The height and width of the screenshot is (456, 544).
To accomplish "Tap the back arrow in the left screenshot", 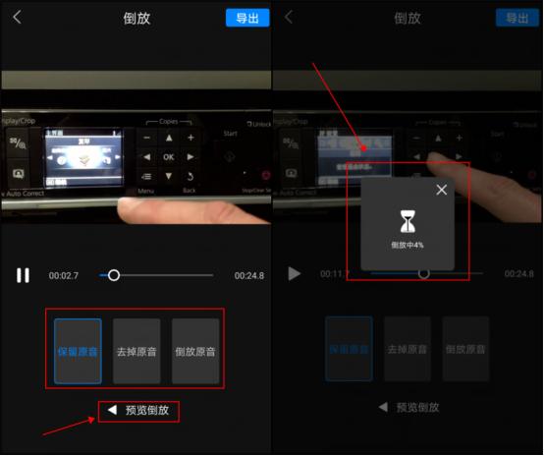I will pyautogui.click(x=17, y=18).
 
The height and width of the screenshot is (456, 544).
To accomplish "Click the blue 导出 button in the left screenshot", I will pyautogui.click(x=246, y=18).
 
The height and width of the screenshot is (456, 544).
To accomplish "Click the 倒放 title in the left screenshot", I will pyautogui.click(x=136, y=18).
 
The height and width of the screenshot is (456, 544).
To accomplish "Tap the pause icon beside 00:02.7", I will pyautogui.click(x=23, y=275).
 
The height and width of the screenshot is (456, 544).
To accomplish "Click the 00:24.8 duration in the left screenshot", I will pyautogui.click(x=248, y=276).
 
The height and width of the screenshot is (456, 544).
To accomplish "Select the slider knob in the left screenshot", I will pyautogui.click(x=114, y=275).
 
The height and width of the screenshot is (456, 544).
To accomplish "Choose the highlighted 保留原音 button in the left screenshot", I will pyautogui.click(x=78, y=350).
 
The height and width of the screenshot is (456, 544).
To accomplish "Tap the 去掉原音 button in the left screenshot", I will pyautogui.click(x=136, y=350).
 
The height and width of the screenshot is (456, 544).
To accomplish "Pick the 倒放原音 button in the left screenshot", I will pyautogui.click(x=195, y=350).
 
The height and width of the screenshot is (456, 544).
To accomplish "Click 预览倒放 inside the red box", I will pyautogui.click(x=138, y=411).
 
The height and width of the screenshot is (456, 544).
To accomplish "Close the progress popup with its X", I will pyautogui.click(x=441, y=190).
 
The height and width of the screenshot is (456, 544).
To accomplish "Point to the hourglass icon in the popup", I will pyautogui.click(x=407, y=220).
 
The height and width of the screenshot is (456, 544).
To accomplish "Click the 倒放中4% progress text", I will pyautogui.click(x=407, y=245).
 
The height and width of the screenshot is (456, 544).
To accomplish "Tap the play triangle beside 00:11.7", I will pyautogui.click(x=294, y=273).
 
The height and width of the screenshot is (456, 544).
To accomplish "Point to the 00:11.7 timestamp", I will pyautogui.click(x=334, y=274).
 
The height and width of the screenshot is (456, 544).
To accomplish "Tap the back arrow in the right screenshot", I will pyautogui.click(x=289, y=18).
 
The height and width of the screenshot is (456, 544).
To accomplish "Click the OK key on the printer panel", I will pyautogui.click(x=169, y=156).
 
